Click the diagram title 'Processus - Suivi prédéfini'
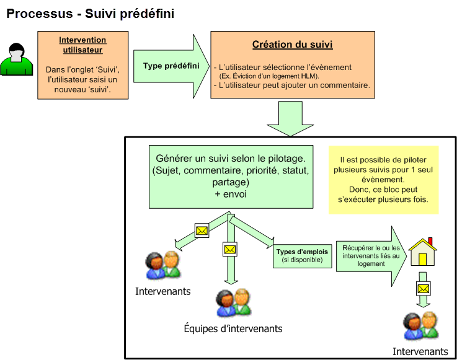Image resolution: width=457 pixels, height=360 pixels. [x=90, y=13]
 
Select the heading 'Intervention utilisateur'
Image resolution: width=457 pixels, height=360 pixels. [x=82, y=45]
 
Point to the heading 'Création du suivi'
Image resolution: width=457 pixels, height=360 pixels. [x=292, y=45]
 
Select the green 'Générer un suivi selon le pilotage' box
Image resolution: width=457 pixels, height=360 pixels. [x=231, y=177]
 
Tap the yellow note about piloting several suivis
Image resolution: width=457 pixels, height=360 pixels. [x=383, y=180]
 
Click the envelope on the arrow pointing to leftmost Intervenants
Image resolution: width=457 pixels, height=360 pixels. [x=202, y=230]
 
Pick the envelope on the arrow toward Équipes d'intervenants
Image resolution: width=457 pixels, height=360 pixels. [x=230, y=250]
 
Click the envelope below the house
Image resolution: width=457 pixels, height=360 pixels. [x=423, y=289]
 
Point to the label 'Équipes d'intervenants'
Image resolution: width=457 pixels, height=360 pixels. [x=233, y=328]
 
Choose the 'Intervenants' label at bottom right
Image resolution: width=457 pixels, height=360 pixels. [x=420, y=351]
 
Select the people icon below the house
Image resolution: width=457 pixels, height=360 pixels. [x=420, y=325]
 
